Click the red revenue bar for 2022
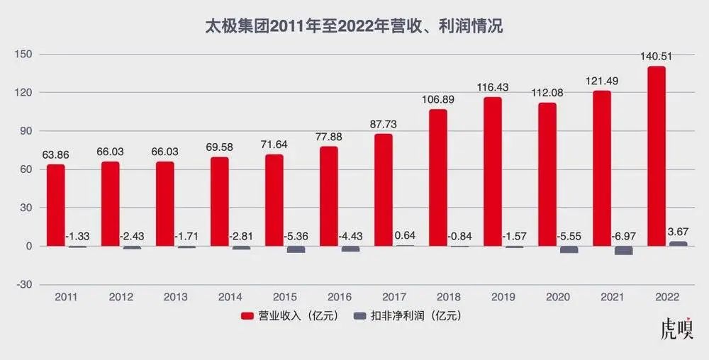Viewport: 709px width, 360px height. click(x=657, y=156)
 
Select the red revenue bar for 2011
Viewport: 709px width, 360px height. click(x=56, y=206)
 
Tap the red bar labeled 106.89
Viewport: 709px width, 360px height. click(x=438, y=177)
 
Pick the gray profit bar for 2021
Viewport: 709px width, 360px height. click(x=623, y=250)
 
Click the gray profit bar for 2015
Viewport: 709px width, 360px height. click(x=296, y=249)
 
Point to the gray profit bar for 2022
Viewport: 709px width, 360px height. click(x=678, y=244)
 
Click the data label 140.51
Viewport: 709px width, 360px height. click(x=657, y=58)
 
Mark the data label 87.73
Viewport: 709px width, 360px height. click(x=384, y=124)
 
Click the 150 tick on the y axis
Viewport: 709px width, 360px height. click(x=26, y=55)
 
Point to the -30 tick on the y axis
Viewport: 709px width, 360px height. click(x=26, y=284)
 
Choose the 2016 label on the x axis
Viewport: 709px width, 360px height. click(x=340, y=296)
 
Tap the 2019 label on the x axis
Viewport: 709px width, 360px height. click(x=503, y=296)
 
